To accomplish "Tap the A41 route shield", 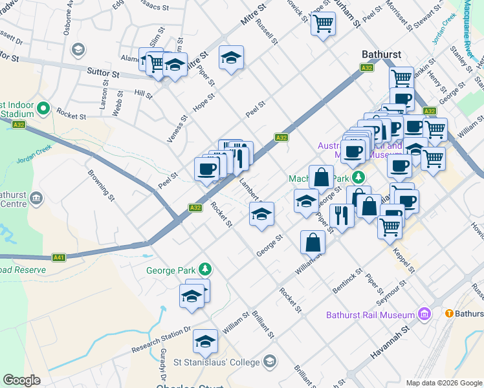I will [59, 257].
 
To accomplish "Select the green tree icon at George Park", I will [205, 268].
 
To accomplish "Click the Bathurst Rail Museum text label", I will [369, 315].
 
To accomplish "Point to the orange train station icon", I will [448, 313].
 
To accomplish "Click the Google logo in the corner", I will [21, 380].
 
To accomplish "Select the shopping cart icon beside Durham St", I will [322, 25].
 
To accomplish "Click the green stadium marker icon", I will [43, 108].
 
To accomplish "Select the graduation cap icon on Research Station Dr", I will [206, 341].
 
